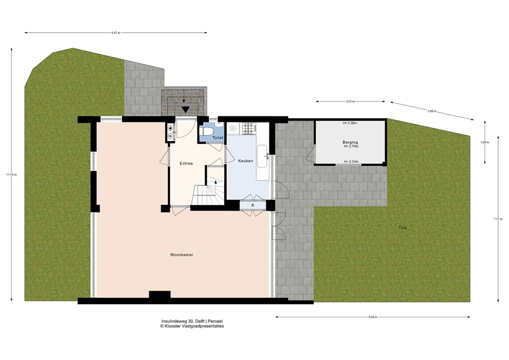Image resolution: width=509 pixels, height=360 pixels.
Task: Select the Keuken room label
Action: pos(246,161)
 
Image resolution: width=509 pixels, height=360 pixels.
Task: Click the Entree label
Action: pos(186,163)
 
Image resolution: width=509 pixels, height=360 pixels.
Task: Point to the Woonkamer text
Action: pos(181,255)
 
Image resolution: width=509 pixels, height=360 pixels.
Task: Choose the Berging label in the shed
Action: pos(350,142)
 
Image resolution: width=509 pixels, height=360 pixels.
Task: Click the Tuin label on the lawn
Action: pos(402,228)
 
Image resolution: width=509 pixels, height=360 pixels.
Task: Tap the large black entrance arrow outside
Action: pos(185,109)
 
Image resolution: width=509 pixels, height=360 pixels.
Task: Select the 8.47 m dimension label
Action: pos(116,33)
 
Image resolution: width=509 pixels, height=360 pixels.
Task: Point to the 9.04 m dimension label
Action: pos(373,317)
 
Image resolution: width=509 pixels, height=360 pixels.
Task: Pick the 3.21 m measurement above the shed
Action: pos(350,101)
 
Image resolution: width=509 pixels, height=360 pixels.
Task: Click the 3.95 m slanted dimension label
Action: pos(431,111)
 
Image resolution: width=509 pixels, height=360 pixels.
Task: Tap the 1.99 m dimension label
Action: pos(485,142)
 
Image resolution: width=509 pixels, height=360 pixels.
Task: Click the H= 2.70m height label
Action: pos(350,147)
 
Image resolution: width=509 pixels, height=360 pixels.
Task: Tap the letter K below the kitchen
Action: pos(253,205)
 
